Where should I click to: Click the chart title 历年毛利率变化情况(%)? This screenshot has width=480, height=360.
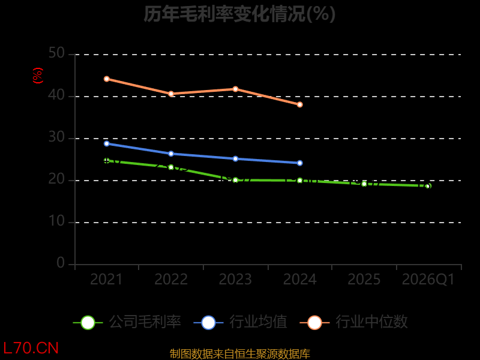(x=239, y=14)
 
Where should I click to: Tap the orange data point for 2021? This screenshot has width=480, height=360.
(x=107, y=79)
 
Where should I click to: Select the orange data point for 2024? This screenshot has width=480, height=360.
(x=299, y=104)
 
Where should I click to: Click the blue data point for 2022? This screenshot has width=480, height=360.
(x=171, y=154)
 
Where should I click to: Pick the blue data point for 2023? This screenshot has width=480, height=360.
(x=235, y=159)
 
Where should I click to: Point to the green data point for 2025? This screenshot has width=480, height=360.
(x=364, y=184)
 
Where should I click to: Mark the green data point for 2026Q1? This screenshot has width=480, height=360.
(x=428, y=186)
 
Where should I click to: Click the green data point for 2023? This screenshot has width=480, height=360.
(x=235, y=180)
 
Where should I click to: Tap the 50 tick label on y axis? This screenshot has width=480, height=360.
(x=56, y=53)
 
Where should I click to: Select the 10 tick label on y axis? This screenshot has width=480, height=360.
(x=56, y=221)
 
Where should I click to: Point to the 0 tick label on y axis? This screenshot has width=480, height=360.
(x=61, y=263)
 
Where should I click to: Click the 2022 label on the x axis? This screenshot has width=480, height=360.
(x=171, y=279)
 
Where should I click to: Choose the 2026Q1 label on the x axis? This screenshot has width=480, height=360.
(x=428, y=280)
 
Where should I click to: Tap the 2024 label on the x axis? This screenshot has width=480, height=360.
(x=299, y=279)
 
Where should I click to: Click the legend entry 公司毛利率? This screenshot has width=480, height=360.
(x=127, y=322)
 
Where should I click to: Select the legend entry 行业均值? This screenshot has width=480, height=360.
(x=241, y=322)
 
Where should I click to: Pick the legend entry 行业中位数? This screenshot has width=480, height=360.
(x=353, y=322)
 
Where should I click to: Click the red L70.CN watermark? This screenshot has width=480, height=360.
(x=31, y=349)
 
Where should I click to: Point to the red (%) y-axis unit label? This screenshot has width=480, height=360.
(x=38, y=76)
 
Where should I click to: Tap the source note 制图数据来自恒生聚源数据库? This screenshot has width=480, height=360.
(x=239, y=354)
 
